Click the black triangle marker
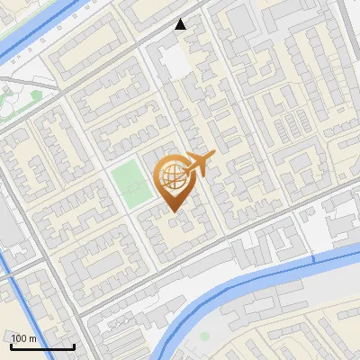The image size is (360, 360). click(x=181, y=23)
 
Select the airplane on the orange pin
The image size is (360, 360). click(x=199, y=164)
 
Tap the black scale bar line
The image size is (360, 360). click(x=42, y=346)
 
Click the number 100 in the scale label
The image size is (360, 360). click(x=20, y=338)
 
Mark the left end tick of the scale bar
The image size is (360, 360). click(x=11, y=345)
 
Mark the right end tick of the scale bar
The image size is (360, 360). click(x=74, y=345)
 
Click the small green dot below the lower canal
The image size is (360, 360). click(x=204, y=336)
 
